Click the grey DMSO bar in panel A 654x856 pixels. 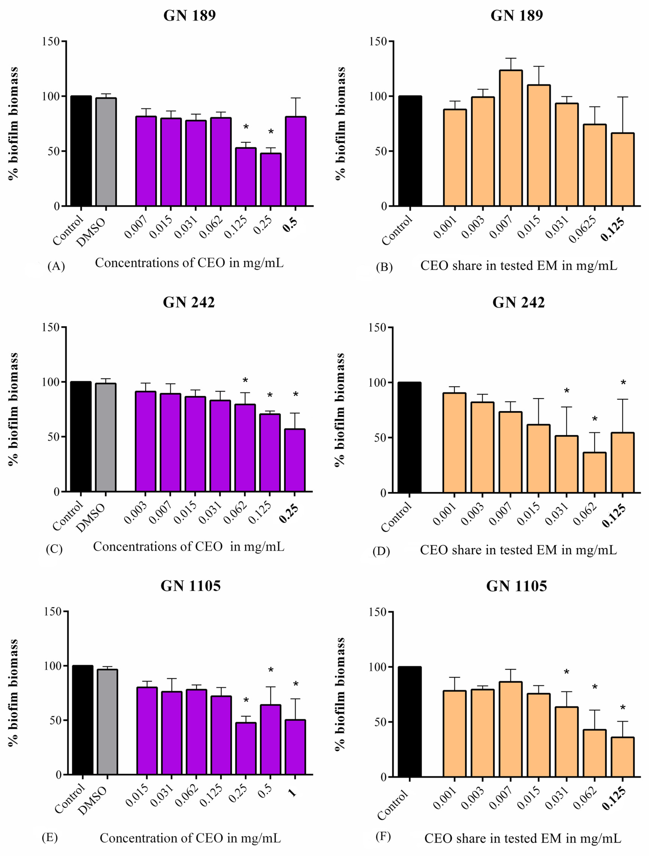pos(106,152)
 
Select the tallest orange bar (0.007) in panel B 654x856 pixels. pos(511,138)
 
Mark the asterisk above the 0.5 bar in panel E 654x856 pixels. pos(271,670)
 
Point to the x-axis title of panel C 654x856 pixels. pos(189,547)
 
